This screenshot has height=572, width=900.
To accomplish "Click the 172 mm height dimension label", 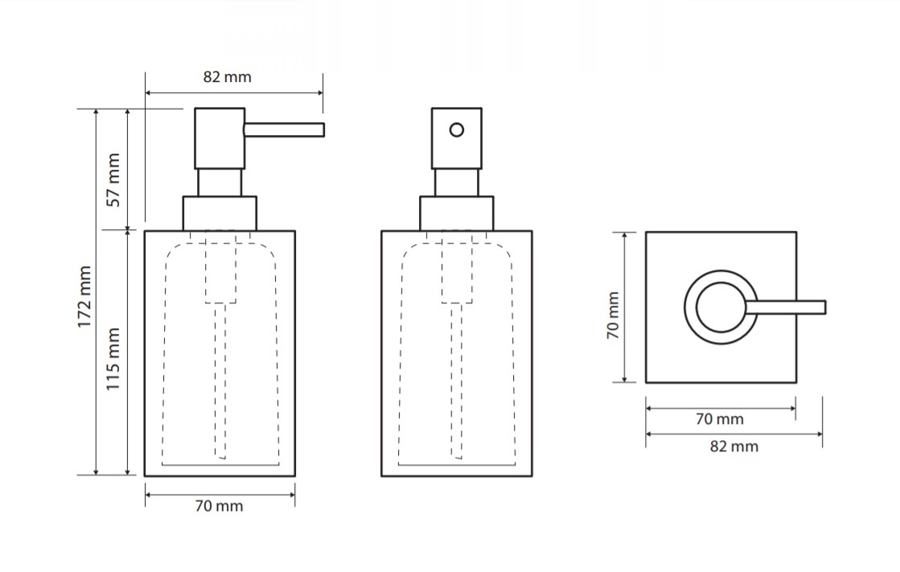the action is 84,297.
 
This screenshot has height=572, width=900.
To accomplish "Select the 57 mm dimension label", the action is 113,179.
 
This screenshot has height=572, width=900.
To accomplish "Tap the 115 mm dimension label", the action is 113,359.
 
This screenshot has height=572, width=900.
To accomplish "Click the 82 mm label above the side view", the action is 228,77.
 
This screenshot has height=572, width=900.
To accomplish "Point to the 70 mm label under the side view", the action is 219,506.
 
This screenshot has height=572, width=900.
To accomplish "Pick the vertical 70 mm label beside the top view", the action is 613,315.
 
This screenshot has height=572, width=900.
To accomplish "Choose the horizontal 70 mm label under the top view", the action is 719,419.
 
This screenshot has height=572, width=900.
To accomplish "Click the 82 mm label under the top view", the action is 734,446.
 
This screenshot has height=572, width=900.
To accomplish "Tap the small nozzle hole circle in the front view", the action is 457,130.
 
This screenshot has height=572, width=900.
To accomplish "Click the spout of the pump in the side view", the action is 284,130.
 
